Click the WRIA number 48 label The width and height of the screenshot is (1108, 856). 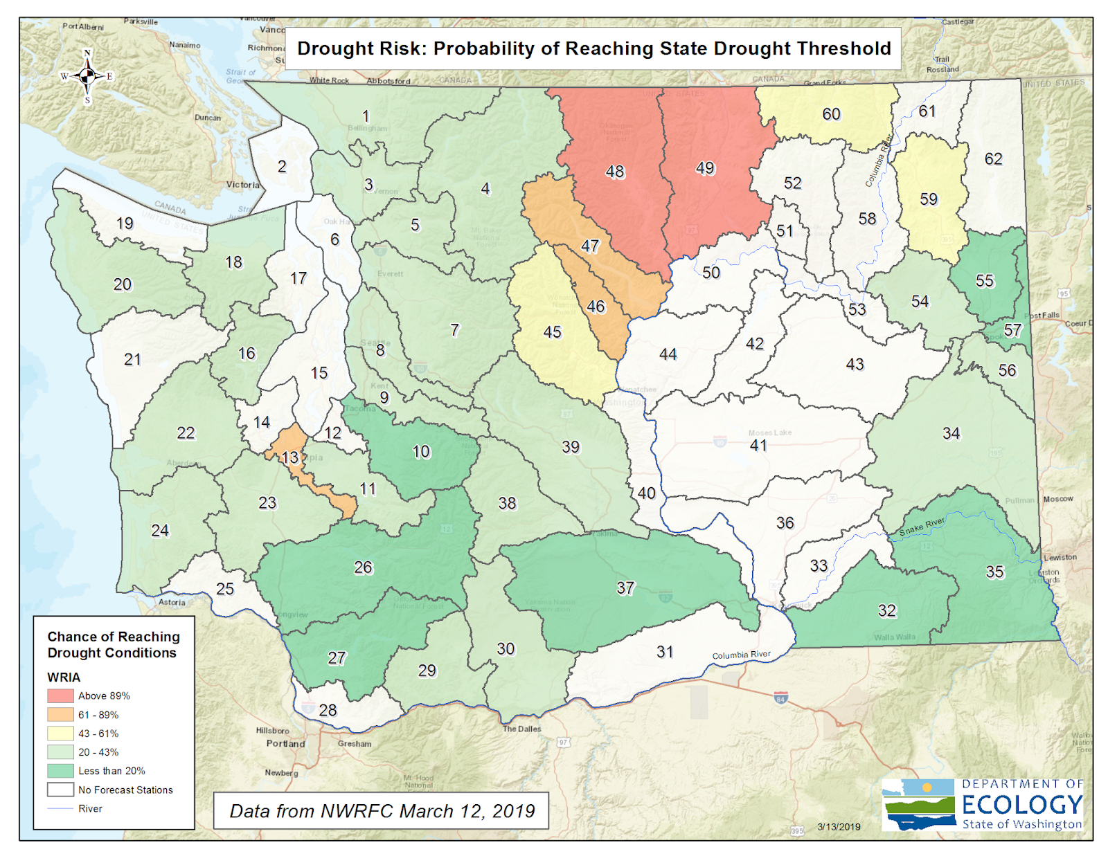[614, 172]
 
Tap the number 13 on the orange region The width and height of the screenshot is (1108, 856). [290, 457]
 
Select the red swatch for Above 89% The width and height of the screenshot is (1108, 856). [60, 695]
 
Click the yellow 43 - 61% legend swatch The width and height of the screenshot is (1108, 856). [60, 733]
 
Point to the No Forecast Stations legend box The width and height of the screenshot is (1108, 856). [60, 790]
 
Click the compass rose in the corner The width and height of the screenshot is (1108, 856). [87, 76]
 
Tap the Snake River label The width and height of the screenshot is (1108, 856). [922, 527]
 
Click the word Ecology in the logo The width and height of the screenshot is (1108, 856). [1022, 804]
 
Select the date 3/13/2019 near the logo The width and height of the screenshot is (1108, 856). [839, 826]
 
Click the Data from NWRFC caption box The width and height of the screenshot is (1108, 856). [382, 810]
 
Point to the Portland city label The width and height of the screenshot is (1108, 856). [285, 743]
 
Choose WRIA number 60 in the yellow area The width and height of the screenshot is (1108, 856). [831, 114]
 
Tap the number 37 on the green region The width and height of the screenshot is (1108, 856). [625, 588]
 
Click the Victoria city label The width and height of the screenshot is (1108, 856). [242, 185]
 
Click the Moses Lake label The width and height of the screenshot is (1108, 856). [769, 432]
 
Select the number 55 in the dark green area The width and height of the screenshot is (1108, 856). [984, 281]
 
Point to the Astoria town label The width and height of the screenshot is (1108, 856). [172, 602]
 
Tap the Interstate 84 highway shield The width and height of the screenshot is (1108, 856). [780, 697]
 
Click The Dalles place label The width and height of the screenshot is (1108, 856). [521, 729]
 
